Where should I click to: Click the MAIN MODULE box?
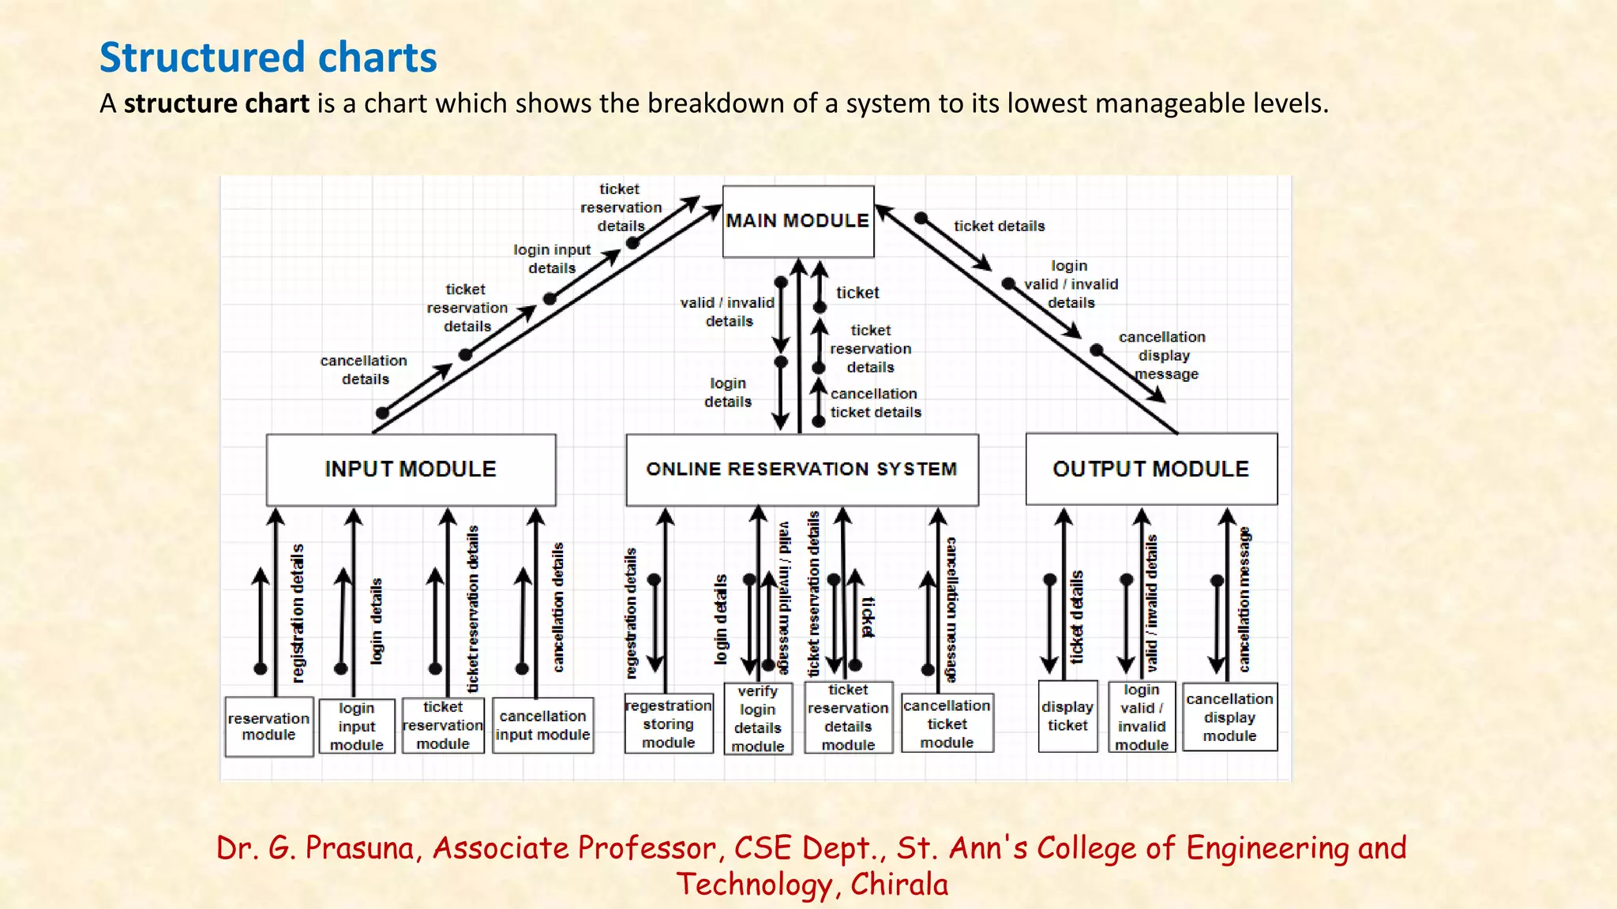[797, 221]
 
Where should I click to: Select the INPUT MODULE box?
[411, 469]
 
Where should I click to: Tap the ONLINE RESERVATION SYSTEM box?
[801, 469]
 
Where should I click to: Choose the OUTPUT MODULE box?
[1150, 469]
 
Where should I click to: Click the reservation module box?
[268, 727]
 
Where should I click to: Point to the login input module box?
[356, 727]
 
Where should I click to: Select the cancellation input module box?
[542, 726]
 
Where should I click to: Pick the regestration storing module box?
[668, 724]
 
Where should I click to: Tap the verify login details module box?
[758, 720]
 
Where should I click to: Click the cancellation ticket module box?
[947, 724]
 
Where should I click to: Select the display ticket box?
[1067, 716]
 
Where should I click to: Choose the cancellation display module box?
[1229, 717]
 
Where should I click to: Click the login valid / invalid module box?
[1142, 718]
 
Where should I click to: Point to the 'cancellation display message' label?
[1163, 356]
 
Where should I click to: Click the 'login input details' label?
[552, 259]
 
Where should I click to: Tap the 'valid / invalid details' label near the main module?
[727, 312]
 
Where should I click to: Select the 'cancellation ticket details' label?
[875, 402]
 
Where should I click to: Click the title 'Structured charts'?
[268, 58]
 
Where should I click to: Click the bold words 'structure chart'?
[216, 103]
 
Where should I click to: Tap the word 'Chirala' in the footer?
[899, 885]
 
